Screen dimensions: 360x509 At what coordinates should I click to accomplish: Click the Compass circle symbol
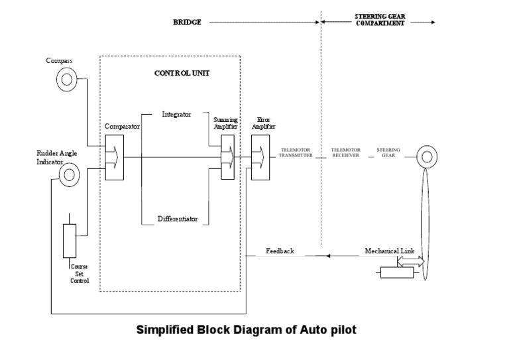(65, 80)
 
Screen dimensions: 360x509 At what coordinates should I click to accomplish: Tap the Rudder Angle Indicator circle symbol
(70, 175)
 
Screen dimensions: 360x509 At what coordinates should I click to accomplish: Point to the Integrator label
(176, 114)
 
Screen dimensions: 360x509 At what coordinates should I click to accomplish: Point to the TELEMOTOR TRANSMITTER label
(296, 153)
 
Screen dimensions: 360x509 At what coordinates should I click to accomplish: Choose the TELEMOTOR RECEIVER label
(345, 153)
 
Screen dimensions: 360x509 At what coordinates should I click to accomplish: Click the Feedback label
(280, 251)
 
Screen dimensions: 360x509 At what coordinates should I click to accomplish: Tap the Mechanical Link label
(390, 251)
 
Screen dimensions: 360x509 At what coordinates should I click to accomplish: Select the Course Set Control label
(80, 274)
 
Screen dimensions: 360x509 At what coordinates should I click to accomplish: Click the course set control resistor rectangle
(70, 241)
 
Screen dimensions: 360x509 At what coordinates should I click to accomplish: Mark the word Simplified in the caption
(166, 330)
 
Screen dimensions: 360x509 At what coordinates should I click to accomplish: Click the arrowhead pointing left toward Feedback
(327, 255)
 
